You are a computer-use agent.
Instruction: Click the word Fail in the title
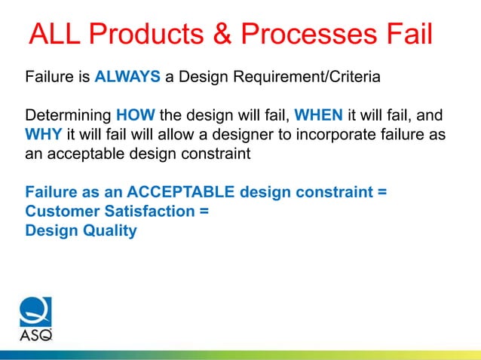(410, 36)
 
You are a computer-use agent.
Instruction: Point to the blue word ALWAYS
(124, 77)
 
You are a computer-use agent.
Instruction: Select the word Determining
(69, 117)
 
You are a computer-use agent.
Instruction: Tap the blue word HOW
(136, 117)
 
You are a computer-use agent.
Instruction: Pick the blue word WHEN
(318, 117)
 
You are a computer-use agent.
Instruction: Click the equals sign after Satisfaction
(204, 212)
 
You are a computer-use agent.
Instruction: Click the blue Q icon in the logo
(35, 312)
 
